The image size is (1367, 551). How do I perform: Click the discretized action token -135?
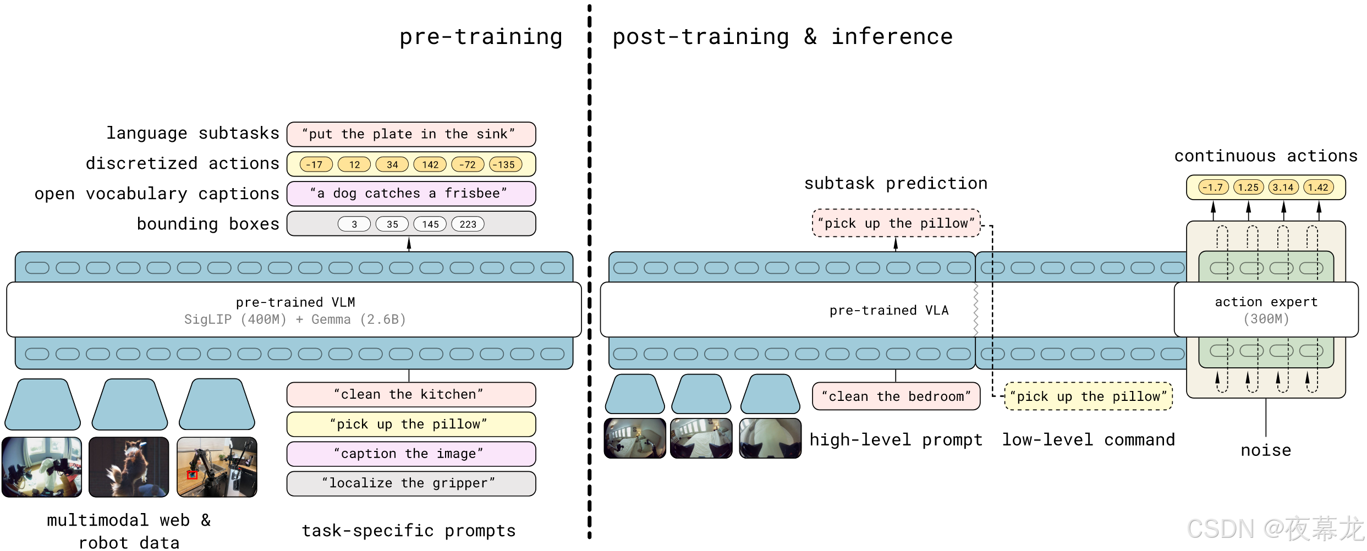click(x=506, y=164)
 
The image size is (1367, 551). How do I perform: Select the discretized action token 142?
click(x=430, y=164)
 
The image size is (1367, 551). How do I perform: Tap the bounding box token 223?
click(x=468, y=224)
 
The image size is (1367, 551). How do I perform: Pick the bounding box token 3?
click(x=354, y=224)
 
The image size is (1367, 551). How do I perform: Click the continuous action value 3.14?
click(x=1283, y=188)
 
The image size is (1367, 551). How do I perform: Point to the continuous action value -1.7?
click(x=1213, y=188)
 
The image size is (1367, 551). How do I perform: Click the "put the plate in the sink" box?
click(x=411, y=134)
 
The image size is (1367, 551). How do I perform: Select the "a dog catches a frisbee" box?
click(x=411, y=194)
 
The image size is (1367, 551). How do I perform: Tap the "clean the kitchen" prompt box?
click(x=411, y=394)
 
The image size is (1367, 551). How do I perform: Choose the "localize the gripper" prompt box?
click(x=411, y=483)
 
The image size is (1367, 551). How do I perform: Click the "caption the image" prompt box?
click(x=411, y=454)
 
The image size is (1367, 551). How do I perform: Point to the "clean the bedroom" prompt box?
click(x=896, y=396)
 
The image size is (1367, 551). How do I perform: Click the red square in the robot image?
click(x=192, y=475)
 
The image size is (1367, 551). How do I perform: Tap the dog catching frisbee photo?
click(x=129, y=467)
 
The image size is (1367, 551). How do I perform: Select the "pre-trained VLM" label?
click(x=295, y=302)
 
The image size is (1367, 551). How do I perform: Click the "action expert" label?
click(x=1266, y=302)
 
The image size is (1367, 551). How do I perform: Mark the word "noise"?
click(x=1266, y=450)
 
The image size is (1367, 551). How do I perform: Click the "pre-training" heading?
click(x=481, y=37)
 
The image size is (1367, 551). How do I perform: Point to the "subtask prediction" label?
click(x=896, y=183)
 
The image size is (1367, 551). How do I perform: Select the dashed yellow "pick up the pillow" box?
click(x=1088, y=396)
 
